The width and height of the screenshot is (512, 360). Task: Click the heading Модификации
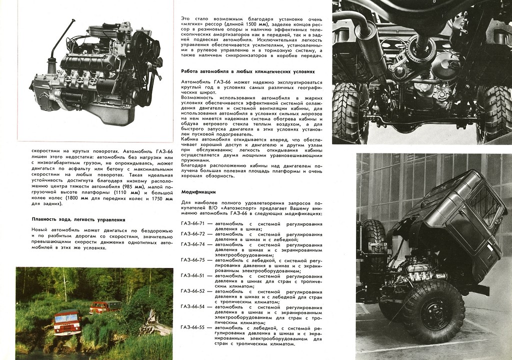tap(198, 191)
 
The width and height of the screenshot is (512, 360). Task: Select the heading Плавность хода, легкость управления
tap(78, 219)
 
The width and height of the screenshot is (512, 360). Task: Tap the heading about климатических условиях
tap(248, 71)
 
